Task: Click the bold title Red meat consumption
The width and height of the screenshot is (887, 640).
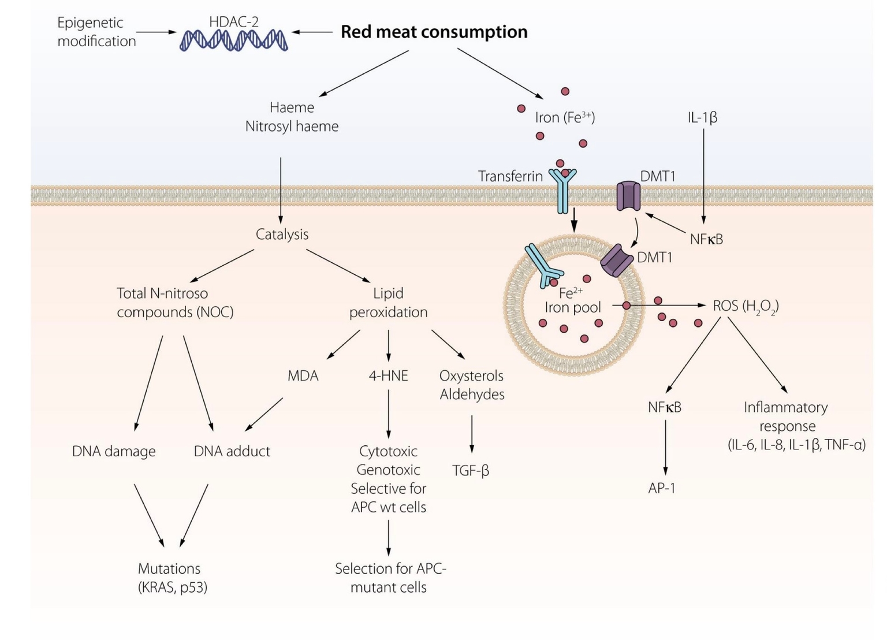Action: tap(434, 32)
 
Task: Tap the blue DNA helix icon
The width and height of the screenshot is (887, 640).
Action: tap(233, 40)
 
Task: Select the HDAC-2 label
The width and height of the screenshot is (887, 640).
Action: tap(233, 22)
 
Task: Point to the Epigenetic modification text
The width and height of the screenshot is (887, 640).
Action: tap(96, 32)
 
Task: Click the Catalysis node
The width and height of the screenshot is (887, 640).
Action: tap(282, 234)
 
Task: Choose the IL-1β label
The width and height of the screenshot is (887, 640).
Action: tap(702, 117)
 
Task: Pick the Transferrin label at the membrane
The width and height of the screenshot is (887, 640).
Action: tap(510, 176)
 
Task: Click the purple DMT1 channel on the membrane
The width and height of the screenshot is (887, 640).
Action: tap(628, 196)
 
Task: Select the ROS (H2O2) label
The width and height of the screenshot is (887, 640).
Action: tap(746, 306)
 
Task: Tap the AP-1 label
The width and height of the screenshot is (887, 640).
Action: tap(662, 488)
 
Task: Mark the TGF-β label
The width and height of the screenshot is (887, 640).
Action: tap(471, 470)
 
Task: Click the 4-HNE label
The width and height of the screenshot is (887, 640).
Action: tap(388, 376)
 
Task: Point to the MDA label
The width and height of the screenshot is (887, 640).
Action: tap(303, 376)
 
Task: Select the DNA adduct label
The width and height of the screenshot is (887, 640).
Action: tap(232, 451)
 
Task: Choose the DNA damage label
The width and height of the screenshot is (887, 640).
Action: tap(114, 451)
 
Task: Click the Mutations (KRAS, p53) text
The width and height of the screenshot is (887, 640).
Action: tap(172, 578)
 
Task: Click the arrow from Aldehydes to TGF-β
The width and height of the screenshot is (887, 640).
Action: tap(472, 434)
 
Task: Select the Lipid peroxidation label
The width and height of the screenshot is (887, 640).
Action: tap(388, 303)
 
